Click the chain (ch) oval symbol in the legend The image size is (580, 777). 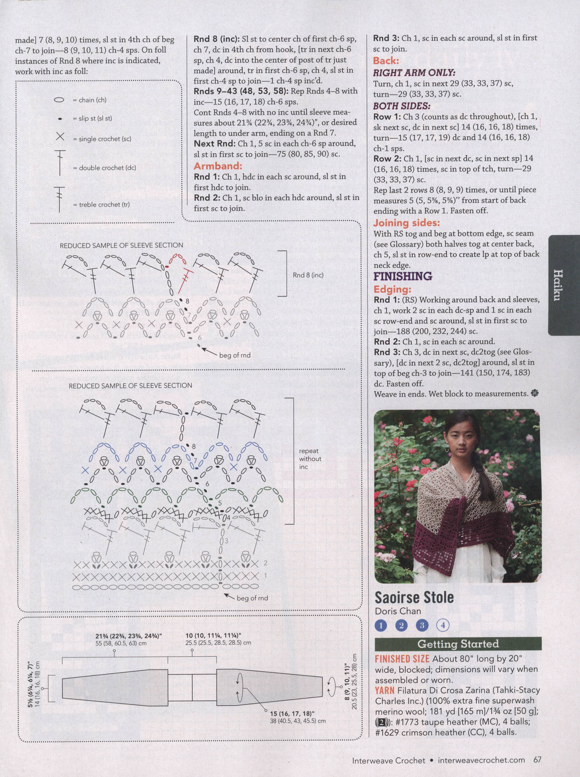[60, 100]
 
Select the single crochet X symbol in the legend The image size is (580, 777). [60, 137]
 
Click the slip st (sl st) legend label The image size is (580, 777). [92, 119]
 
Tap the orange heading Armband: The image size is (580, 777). [218, 166]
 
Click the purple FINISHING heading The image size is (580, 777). [403, 276]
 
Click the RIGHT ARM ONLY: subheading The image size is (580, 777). [414, 73]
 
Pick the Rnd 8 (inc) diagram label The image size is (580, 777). [308, 275]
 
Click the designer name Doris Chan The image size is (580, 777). [398, 611]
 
